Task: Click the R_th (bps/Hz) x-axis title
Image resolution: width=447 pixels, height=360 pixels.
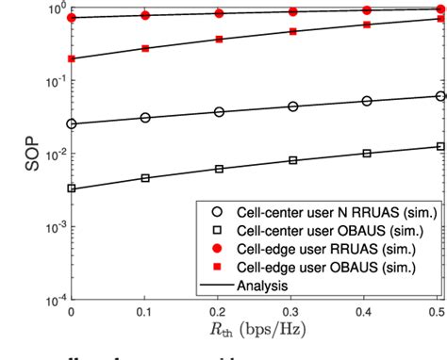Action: [x=257, y=332]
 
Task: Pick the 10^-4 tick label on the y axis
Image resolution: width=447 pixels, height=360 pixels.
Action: [x=53, y=300]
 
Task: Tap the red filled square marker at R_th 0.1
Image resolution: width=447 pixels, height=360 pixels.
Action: [x=144, y=48]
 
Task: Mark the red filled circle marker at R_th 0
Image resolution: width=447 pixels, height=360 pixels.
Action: [x=72, y=18]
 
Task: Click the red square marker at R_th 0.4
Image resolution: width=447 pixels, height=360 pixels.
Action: [x=366, y=25]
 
